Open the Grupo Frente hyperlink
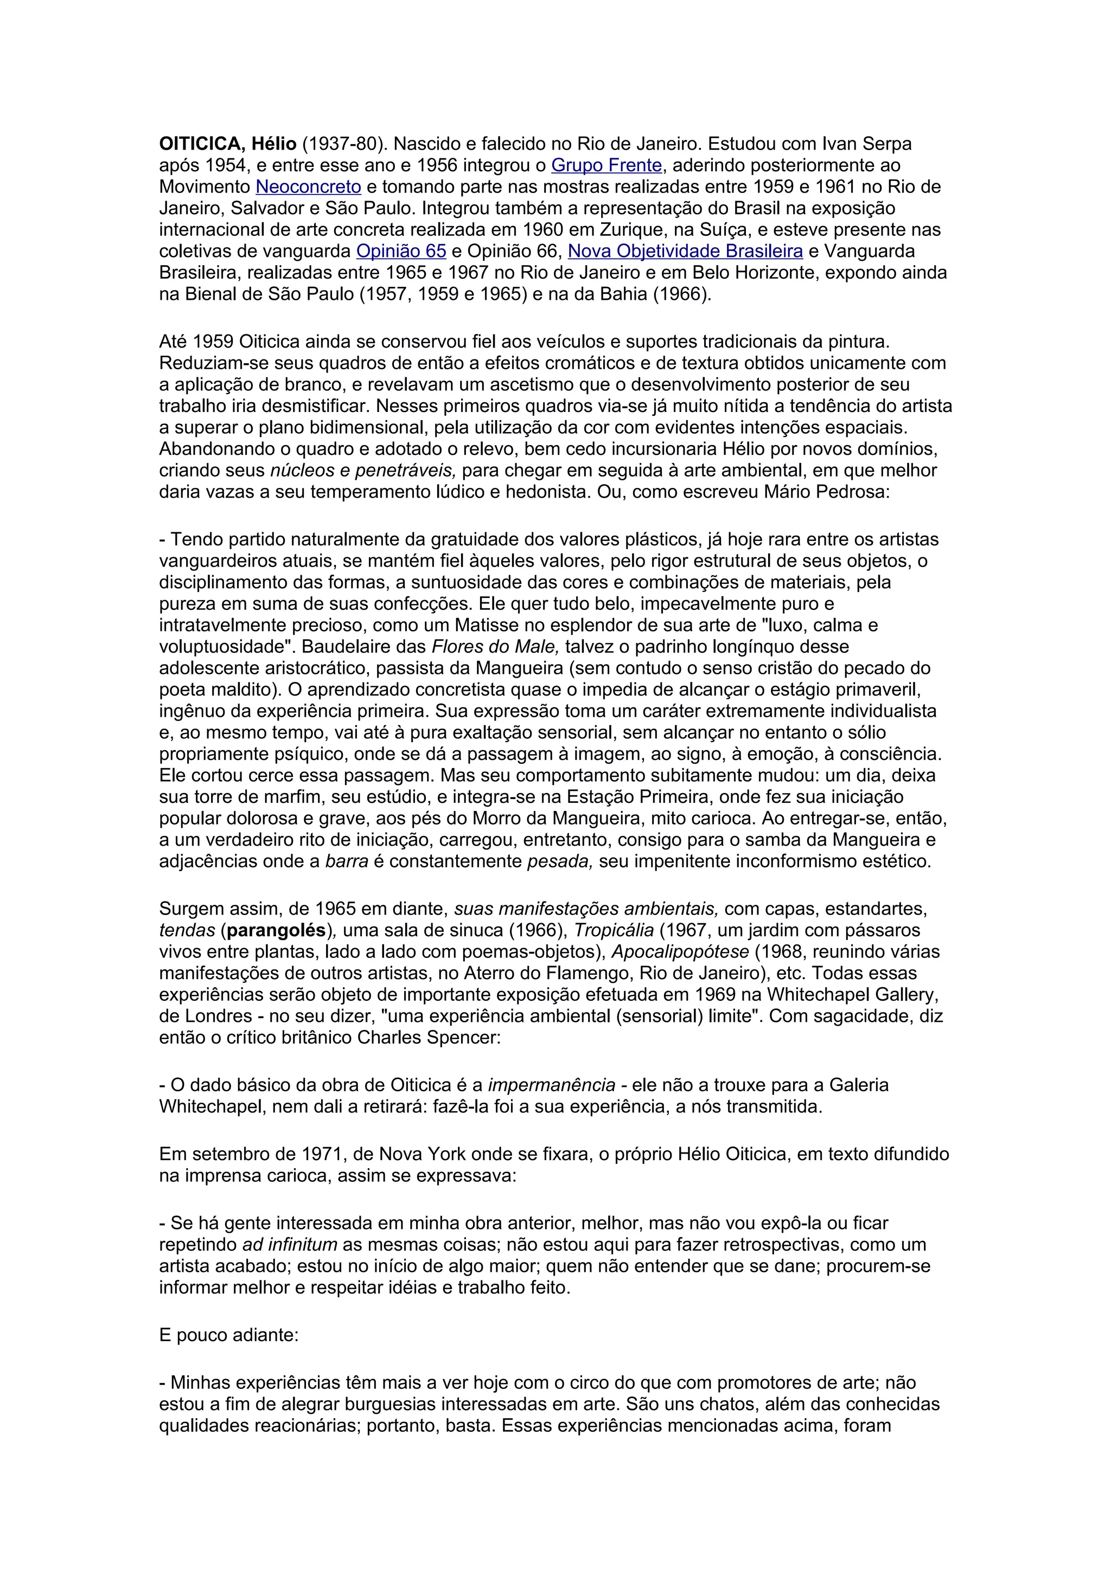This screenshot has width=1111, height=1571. click(x=606, y=165)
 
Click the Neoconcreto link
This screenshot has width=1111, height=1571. click(x=308, y=187)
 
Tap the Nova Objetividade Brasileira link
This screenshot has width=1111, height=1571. click(x=685, y=251)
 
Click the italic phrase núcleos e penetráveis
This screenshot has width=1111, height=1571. click(x=363, y=471)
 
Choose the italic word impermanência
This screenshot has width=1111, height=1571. click(x=552, y=1085)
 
